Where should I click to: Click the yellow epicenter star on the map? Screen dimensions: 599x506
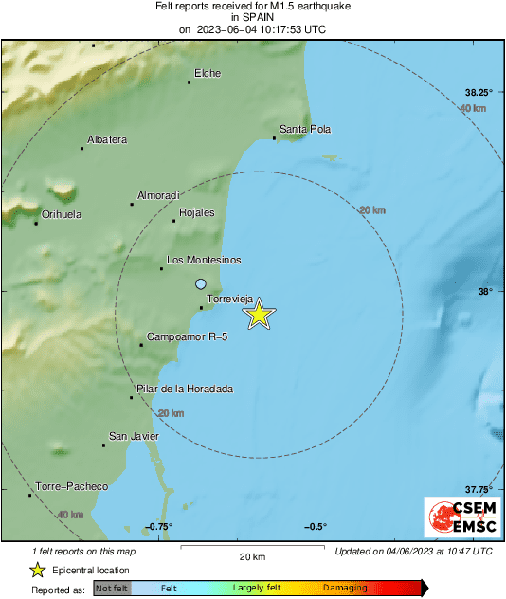coord(259,314)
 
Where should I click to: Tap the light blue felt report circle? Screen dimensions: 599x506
coord(200,283)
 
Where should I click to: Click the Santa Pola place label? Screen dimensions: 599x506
coord(305,129)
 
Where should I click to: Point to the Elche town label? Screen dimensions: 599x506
coord(208,73)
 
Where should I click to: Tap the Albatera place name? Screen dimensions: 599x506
coord(106,140)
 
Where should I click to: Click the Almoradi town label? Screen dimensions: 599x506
coord(158,195)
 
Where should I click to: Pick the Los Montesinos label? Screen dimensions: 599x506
coord(204,260)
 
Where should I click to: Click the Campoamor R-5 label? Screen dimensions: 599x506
coord(188,337)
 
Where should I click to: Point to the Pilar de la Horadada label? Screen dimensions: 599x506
coord(185,389)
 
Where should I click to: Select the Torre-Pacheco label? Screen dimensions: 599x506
coord(71,487)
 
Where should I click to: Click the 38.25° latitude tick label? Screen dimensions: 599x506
coord(479,93)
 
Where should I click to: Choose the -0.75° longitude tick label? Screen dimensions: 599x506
coord(158,527)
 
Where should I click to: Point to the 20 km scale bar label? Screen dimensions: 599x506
coord(251,555)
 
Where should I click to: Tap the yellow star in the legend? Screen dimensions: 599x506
coord(37,570)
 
